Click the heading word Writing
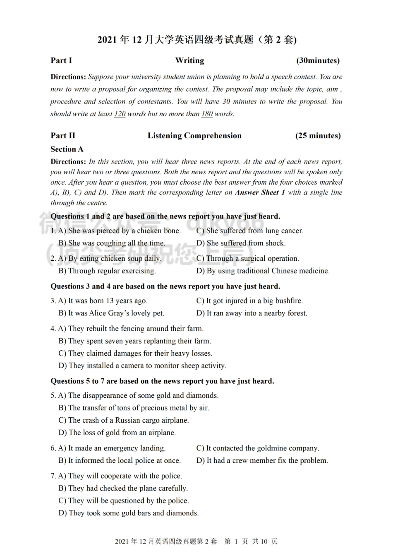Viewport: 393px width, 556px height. coord(189,60)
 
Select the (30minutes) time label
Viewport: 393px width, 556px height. coord(318,60)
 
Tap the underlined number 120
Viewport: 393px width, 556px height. coord(120,114)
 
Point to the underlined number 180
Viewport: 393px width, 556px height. coord(207,114)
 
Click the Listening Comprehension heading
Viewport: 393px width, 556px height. coord(194,136)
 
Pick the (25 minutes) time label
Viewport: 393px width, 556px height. coord(318,136)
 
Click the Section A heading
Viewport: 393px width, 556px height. coord(67,149)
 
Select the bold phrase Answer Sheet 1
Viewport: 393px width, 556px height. coord(260,193)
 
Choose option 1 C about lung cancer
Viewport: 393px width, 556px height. coord(249,231)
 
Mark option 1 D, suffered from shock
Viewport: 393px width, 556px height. coord(241,243)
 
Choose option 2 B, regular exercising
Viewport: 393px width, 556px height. coord(107,271)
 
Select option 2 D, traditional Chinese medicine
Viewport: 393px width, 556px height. coord(263,271)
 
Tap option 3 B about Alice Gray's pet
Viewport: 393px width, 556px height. coord(111,313)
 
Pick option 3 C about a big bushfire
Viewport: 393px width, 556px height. coord(249,301)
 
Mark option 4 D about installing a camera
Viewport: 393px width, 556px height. coord(142,366)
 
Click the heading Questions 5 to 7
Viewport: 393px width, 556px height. coord(162,381)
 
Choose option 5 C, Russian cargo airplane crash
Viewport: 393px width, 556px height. coord(124,421)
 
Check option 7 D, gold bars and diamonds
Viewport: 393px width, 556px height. coord(129,513)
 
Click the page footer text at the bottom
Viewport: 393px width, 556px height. coord(196,542)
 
